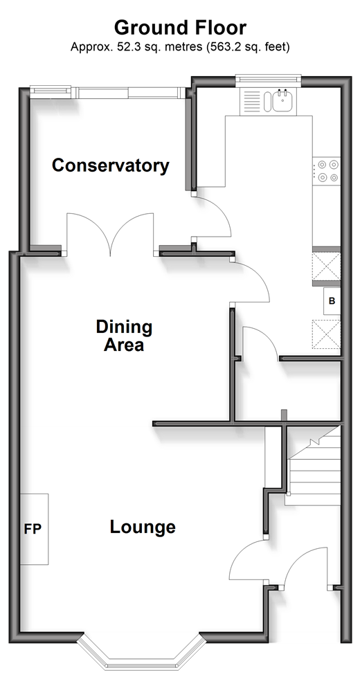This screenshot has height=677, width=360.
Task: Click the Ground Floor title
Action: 180,28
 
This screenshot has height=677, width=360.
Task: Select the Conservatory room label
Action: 111,165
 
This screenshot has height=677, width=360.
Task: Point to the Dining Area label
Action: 124,336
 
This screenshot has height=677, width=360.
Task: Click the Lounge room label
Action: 143,527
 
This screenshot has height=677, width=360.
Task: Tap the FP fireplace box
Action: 34,529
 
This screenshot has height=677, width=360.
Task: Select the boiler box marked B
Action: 332,301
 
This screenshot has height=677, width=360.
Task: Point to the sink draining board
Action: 251,101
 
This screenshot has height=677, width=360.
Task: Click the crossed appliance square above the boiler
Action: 326,267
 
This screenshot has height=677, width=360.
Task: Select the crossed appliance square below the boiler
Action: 326,334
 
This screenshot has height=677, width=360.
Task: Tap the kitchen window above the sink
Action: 268,78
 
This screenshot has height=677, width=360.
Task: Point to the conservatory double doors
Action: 110,233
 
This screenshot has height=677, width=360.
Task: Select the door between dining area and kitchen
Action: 250,281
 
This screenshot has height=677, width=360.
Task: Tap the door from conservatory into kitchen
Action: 212,217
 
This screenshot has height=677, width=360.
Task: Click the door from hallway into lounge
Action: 248,561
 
